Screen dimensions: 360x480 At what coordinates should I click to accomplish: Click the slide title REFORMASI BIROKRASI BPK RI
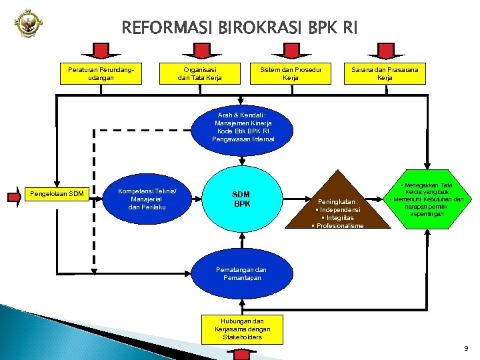point(240,28)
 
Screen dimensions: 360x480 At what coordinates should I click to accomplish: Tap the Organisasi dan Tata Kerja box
point(199,73)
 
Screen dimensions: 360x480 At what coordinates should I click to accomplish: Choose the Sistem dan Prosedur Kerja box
point(290,73)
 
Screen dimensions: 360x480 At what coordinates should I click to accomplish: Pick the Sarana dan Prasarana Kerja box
point(385,73)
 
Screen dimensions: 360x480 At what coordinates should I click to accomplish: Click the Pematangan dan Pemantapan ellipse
point(241,274)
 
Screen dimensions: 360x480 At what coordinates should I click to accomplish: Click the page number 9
point(466,347)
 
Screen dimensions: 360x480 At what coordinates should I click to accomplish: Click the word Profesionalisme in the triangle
point(341,226)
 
